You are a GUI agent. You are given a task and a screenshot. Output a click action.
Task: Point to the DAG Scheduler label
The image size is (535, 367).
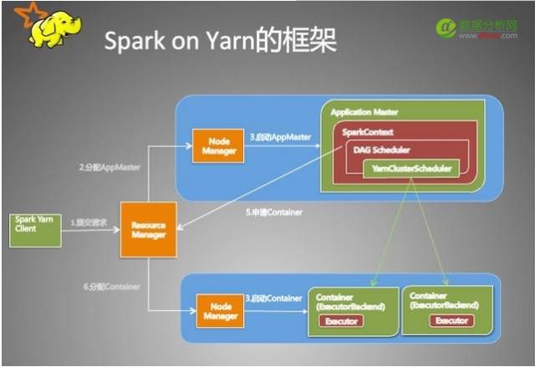[x=375, y=150]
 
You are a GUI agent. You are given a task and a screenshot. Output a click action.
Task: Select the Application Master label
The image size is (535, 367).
[x=364, y=111]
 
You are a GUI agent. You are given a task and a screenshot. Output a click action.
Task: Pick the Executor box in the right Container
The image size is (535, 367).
[x=451, y=320]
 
